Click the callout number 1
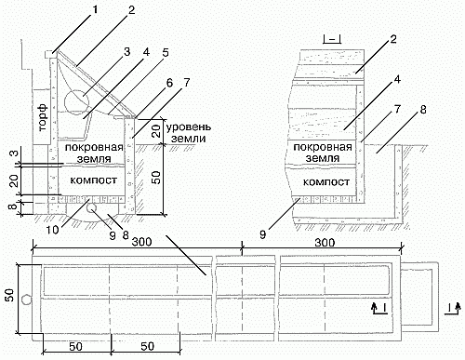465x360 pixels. tap(95, 10)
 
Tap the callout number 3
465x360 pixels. tap(126, 52)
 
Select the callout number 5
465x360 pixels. tap(166, 52)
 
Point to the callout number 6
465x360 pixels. tap(169, 83)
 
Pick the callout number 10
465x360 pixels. tap(53, 230)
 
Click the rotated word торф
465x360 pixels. tap(44, 117)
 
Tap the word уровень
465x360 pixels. tap(189, 127)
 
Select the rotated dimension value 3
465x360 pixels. tap(14, 153)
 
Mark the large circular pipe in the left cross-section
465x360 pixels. tap(77, 101)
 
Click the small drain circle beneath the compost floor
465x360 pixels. tap(91, 209)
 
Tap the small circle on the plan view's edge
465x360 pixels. tap(27, 300)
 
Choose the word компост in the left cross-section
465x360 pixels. tap(93, 180)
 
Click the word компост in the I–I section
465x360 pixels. tap(326, 181)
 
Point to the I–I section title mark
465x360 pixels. tap(332, 39)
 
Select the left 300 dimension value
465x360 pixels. tap(142, 242)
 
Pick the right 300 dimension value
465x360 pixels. tap(325, 242)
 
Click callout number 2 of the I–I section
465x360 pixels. tap(393, 39)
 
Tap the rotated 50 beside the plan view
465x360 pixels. tap(10, 295)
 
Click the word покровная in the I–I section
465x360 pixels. tap(323, 147)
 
